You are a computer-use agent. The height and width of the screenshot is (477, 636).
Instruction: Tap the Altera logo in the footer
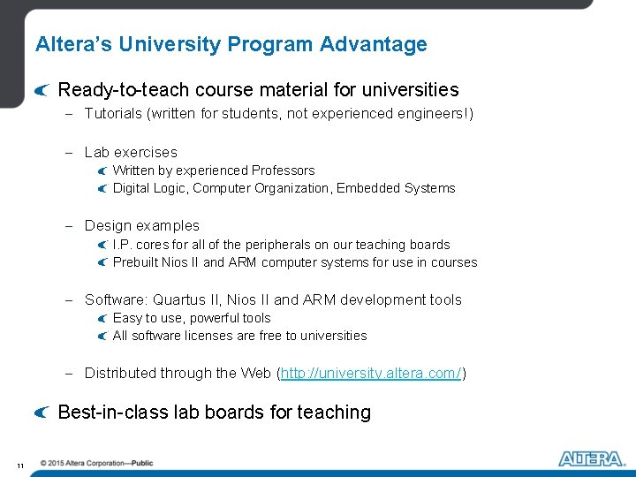591,458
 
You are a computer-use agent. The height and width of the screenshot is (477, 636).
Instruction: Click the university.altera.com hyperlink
371,374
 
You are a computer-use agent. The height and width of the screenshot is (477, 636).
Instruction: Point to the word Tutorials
112,114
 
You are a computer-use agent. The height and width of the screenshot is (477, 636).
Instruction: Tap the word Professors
283,170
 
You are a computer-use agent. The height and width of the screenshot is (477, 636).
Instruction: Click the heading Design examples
142,226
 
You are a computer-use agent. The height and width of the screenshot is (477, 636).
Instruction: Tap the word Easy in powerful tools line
127,318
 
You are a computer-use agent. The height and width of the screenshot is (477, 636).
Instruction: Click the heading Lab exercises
131,153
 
